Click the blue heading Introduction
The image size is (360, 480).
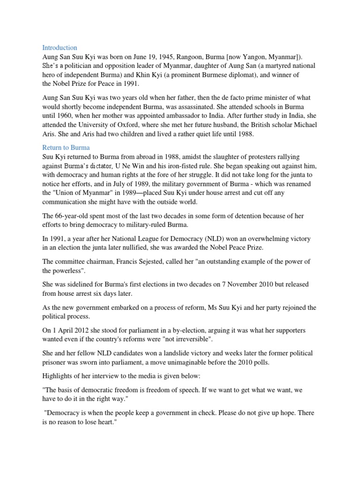[x=60, y=48]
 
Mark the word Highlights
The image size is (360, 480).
[x=59, y=376]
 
